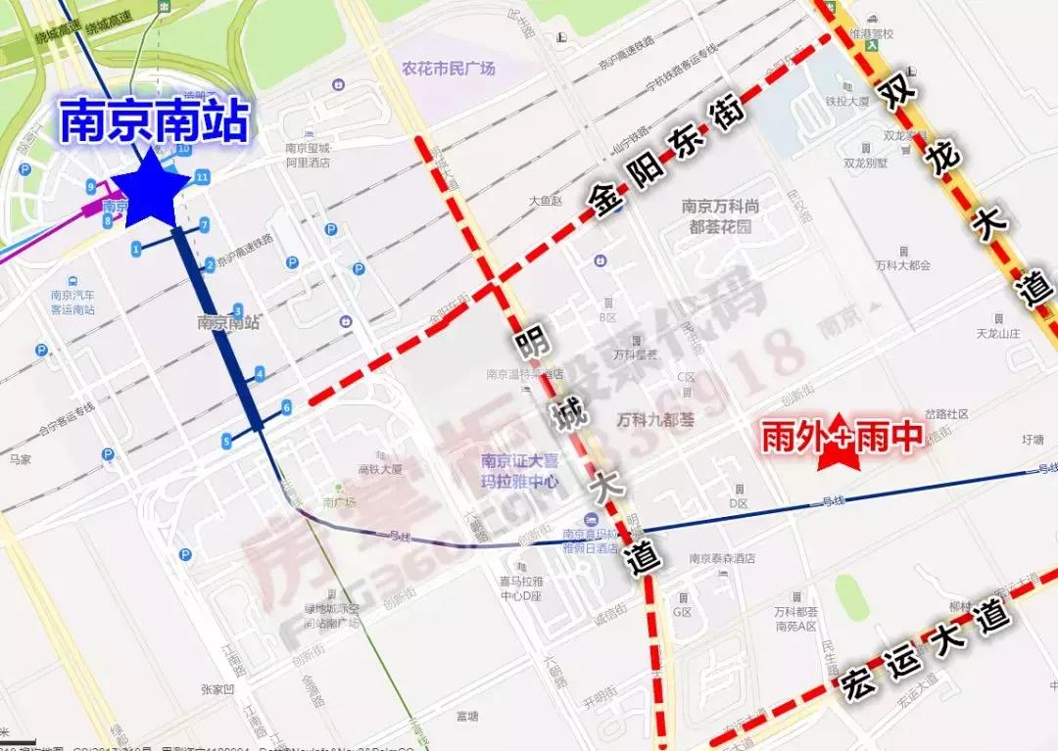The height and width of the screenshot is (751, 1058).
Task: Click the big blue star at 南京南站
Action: click(150, 186)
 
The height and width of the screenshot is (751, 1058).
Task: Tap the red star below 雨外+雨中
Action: click(840, 455)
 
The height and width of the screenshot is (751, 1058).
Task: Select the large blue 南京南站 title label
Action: click(155, 123)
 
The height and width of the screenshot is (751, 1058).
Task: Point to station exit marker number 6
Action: click(286, 406)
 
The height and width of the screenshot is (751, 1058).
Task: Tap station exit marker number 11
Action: click(202, 177)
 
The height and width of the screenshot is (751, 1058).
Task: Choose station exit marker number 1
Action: click(135, 249)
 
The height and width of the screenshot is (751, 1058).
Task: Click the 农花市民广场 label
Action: click(449, 69)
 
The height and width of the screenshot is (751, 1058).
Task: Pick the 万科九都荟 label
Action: click(655, 420)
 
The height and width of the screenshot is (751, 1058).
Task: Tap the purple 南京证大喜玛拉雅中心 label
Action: click(519, 471)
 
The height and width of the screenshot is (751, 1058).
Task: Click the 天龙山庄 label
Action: click(998, 334)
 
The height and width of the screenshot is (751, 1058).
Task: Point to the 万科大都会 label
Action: click(902, 265)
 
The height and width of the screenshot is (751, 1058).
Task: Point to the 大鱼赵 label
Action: click(548, 201)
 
